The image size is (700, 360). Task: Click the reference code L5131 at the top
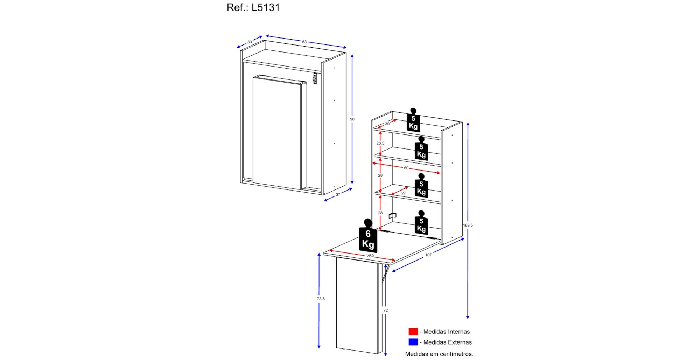point(253,7)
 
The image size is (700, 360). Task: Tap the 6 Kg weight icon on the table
point(368,238)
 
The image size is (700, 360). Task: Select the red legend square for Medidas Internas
point(413,332)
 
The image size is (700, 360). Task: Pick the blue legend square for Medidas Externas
point(413,342)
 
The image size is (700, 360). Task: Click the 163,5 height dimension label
point(468,225)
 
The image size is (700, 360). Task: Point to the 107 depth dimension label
point(428,255)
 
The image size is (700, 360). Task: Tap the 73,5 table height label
point(321,299)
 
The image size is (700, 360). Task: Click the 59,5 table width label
point(370,255)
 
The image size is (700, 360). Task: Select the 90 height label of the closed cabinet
point(352,119)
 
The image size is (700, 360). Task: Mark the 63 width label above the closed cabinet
point(304,42)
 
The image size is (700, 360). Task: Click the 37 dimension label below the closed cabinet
point(338,195)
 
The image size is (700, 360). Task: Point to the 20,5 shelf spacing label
point(380,143)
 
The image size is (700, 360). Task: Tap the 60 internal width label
point(406,168)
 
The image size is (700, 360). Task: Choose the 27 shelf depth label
point(404,193)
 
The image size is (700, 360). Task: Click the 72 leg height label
point(385,310)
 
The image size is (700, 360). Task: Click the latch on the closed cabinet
point(315,78)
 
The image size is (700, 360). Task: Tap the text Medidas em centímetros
point(439,354)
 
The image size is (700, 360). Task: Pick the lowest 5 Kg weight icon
point(421,224)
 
